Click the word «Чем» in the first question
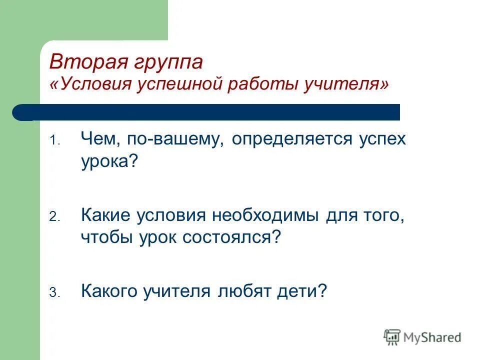[99, 139]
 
